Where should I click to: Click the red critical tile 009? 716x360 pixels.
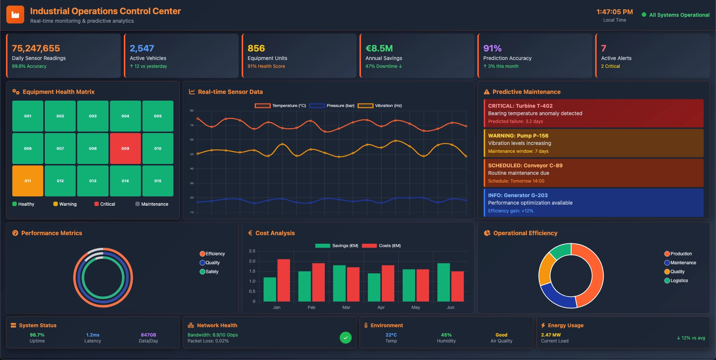click(125, 148)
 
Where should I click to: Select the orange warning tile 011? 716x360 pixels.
click(28, 181)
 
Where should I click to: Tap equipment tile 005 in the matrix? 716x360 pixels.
click(158, 116)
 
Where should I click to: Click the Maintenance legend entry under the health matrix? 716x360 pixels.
click(152, 204)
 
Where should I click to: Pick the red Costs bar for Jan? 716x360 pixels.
click(283, 280)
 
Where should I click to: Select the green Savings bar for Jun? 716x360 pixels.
click(443, 282)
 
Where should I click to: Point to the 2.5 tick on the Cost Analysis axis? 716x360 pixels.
click(252, 251)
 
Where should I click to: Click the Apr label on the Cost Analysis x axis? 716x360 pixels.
click(381, 307)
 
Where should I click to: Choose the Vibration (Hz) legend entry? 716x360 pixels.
click(380, 105)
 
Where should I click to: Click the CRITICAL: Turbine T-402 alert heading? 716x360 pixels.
click(520, 106)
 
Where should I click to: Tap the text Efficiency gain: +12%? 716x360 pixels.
click(511, 211)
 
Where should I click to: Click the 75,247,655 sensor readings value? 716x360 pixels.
click(36, 48)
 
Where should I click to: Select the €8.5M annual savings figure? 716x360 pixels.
click(379, 48)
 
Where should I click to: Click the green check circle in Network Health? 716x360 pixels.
click(345, 338)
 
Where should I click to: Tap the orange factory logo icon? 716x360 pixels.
click(15, 15)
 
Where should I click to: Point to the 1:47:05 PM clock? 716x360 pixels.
click(614, 12)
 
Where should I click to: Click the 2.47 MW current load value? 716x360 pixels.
click(551, 335)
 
